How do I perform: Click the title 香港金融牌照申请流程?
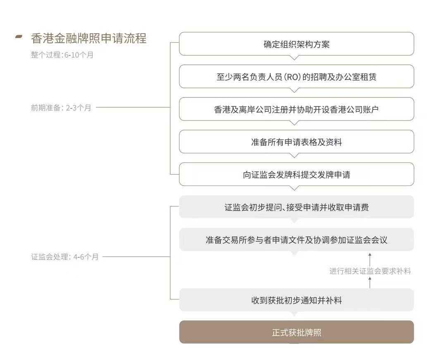pos(88,38)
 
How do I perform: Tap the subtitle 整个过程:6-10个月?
pos(62,55)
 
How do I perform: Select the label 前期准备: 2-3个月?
pos(61,108)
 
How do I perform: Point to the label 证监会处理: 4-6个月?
pos(65,257)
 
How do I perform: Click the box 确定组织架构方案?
pos(296,44)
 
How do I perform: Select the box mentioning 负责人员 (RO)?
pos(296,77)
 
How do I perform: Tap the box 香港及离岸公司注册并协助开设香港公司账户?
pos(296,109)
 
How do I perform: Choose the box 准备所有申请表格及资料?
pos(296,142)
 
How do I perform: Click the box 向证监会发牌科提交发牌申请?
pos(296,174)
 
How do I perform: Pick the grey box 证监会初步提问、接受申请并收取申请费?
pos(296,207)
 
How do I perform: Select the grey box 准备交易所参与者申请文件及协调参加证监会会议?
pos(296,240)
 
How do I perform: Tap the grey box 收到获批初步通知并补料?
pos(296,300)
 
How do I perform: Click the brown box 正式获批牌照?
pos(296,332)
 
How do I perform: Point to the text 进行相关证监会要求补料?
pos(370,271)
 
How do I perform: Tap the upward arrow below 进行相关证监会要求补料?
pos(370,283)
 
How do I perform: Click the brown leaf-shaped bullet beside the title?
pos(19,37)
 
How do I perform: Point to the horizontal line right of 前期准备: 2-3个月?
pos(132,108)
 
